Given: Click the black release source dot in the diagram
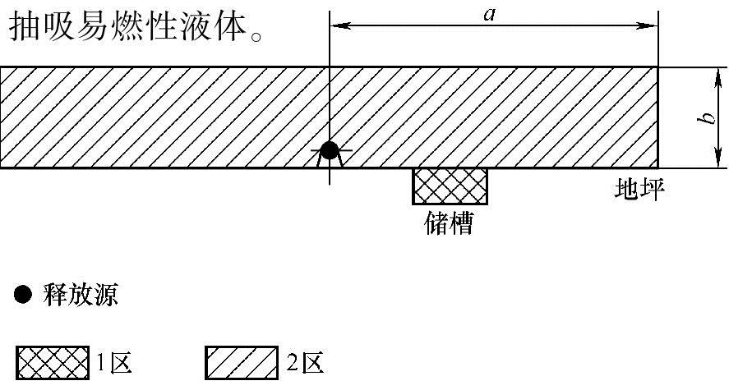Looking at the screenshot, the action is pos(329,151).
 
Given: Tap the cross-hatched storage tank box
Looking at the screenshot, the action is pos(450,186).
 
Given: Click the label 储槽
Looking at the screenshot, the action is pos(450,223).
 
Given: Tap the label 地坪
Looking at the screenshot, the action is pos(639,190).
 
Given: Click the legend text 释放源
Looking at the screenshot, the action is pos(80,295).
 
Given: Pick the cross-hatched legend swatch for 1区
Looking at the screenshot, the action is pos(53,362).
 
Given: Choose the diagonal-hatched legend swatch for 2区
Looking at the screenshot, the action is pos(241,362).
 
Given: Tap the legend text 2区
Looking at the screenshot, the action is pos(304,362).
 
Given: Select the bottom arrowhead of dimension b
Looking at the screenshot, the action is pos(711,162).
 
